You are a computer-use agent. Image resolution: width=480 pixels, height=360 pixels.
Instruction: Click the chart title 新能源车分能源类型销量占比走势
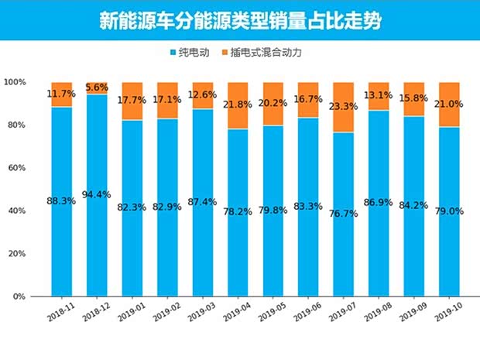click(x=240, y=21)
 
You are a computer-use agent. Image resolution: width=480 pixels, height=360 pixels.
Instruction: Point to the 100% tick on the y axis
click(x=15, y=82)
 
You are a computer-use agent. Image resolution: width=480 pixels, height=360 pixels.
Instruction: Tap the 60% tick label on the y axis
click(x=17, y=168)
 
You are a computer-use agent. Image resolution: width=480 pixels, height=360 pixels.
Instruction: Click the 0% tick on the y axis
click(x=19, y=297)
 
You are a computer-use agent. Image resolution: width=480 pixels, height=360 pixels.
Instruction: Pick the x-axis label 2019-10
click(x=447, y=311)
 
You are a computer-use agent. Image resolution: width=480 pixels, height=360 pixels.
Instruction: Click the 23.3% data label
click(x=343, y=107)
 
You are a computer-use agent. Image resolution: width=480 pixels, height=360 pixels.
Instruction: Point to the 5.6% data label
click(x=97, y=88)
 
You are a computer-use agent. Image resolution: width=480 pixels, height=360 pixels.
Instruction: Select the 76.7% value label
click(x=343, y=214)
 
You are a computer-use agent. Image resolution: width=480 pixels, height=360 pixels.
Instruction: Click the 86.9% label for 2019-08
click(x=379, y=210)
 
